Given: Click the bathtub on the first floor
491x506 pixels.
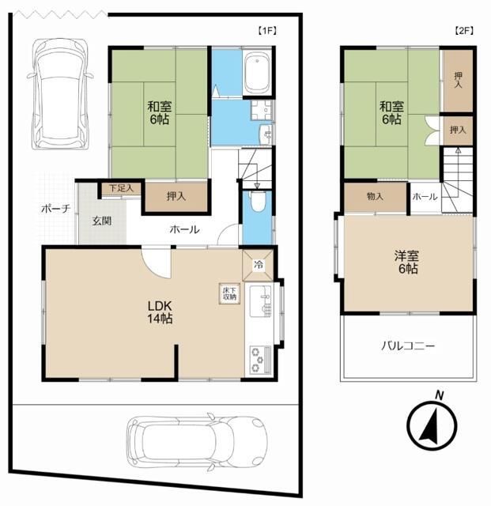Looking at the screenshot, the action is coord(257,74).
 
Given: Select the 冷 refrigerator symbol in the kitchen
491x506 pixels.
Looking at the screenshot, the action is coord(259,265).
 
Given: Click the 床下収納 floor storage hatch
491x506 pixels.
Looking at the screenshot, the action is coord(229,293).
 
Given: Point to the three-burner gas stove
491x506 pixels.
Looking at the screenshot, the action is coord(260,359).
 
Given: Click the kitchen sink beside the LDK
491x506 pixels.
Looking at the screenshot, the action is coord(262,301).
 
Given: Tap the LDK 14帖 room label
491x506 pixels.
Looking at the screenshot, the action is coord(160,312).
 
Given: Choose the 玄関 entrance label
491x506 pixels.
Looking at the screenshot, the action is coord(102,221).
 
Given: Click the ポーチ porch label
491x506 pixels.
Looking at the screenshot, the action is coord(55,209).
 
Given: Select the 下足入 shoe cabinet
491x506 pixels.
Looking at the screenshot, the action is coord(121,188).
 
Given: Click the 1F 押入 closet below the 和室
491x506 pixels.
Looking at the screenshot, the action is coord(176,196).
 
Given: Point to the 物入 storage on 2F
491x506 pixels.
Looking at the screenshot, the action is coord(375,196).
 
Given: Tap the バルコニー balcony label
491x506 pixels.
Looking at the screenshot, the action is coord(408,346).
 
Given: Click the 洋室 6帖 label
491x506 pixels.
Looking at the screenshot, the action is coord(406,262).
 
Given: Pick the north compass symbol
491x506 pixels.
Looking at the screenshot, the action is coord(432,424).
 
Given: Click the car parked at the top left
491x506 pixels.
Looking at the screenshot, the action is coord(60,93).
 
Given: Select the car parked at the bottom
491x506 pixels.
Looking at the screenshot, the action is coord(197,441).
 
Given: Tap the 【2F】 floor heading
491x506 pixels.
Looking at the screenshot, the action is coord(463,31).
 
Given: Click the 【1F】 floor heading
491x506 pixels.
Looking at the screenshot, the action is coord(267,31).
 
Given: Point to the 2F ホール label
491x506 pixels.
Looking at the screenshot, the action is coord(425,196).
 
